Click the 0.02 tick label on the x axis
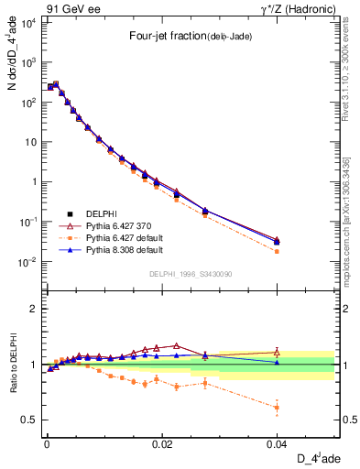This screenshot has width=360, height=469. coord(161,443)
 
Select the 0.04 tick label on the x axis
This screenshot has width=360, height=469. coord(277,443)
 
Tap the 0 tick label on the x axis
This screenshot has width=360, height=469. coord(46,443)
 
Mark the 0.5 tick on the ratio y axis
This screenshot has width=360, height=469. coord(31,420)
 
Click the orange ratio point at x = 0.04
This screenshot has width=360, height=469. coord(277,408)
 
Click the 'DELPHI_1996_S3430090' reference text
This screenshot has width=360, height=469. coord(190,275)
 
